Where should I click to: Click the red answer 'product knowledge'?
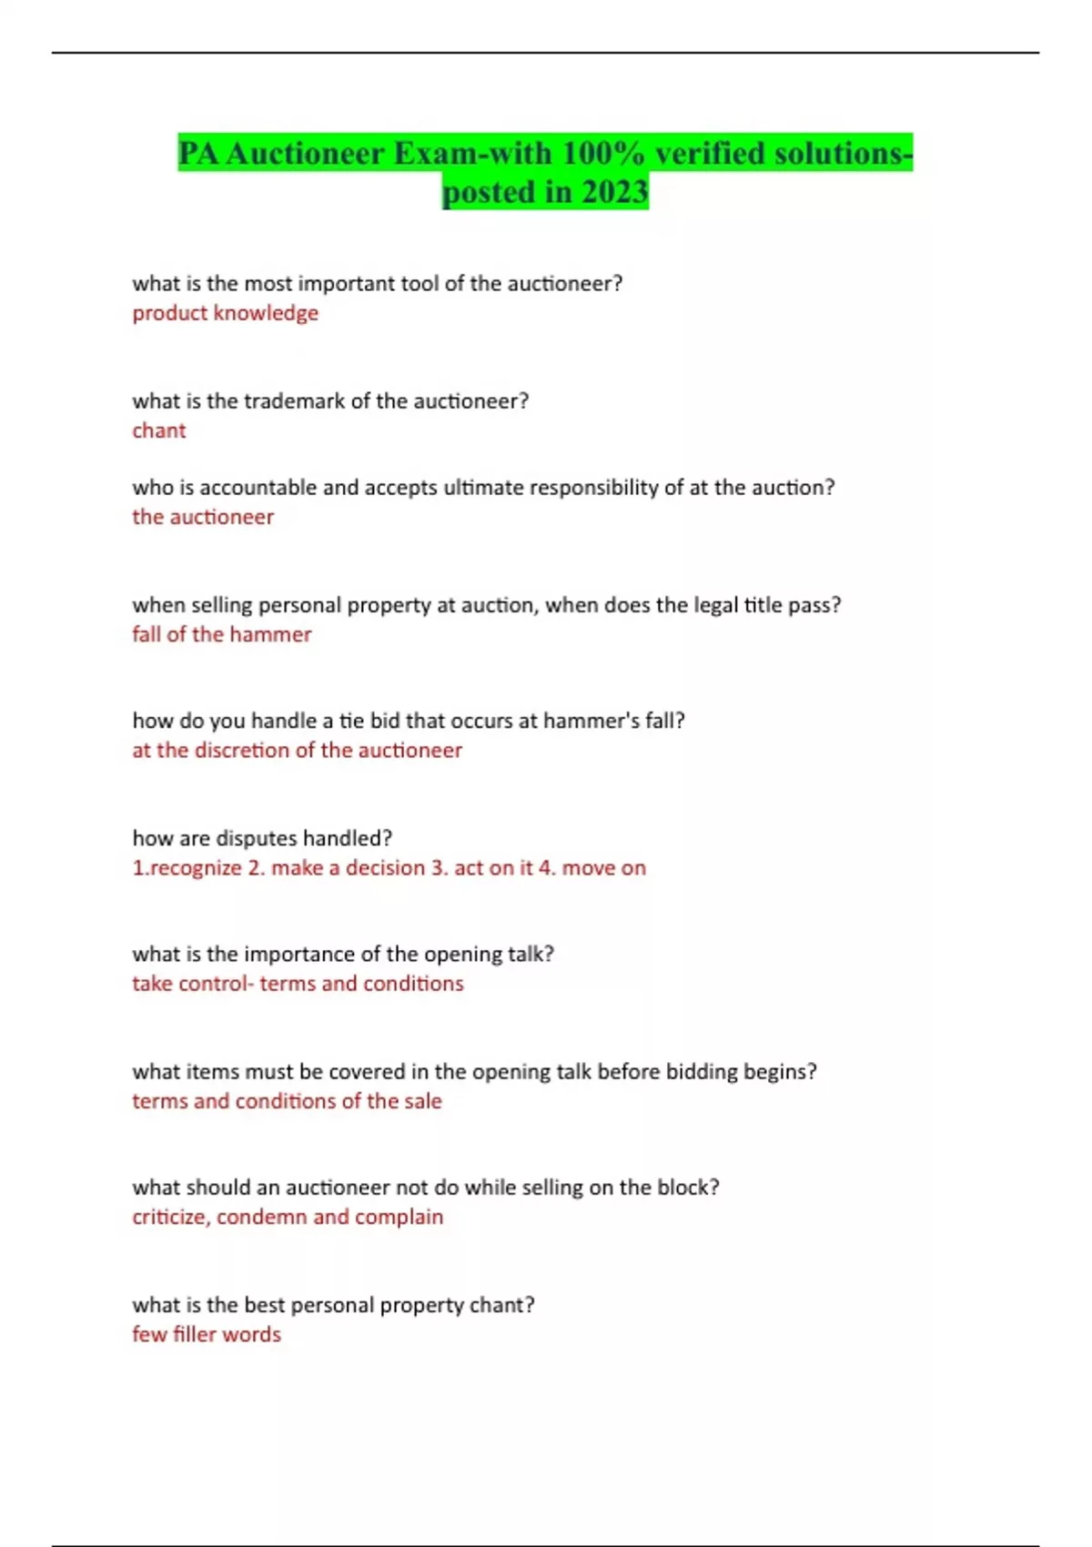coord(225,313)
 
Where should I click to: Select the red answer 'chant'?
coord(158,430)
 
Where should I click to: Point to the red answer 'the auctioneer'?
coord(202,517)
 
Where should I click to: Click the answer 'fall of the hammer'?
coord(221,634)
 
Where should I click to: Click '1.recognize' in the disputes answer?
coord(187,868)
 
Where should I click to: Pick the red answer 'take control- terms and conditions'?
coord(298,984)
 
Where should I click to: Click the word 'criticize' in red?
coord(170,1218)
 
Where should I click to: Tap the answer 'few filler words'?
coord(207,1335)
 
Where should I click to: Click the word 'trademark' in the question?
coord(295,401)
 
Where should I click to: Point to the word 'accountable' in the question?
coord(258,488)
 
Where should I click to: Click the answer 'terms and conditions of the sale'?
coord(287,1101)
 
